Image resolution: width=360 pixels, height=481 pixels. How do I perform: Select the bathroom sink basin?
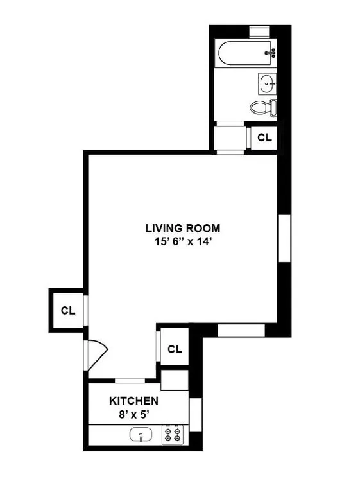coord(268,82)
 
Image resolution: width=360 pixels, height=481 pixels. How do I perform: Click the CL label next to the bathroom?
coord(264,137)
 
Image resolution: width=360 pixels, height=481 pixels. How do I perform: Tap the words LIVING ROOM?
coord(183,228)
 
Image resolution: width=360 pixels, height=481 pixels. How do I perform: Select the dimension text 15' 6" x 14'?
coord(183,241)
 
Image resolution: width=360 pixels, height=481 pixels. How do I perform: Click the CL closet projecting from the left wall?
coord(68,310)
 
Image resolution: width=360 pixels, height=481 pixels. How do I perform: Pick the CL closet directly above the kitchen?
coord(175,349)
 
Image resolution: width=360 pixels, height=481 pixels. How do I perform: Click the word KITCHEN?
coord(133,401)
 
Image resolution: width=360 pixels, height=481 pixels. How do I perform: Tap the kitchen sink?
coord(141,436)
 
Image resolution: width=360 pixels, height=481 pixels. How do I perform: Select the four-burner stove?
coord(173,436)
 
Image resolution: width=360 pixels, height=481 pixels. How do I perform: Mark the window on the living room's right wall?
coord(284,238)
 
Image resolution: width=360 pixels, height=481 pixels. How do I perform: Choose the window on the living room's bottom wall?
coord(241,330)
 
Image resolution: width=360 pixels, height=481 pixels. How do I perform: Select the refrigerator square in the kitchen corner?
coord(175,380)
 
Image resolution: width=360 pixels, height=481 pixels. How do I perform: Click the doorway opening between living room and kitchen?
coord(130,380)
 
